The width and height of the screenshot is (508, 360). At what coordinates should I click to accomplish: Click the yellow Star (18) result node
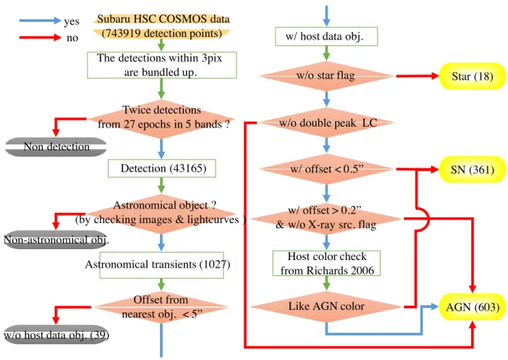472,76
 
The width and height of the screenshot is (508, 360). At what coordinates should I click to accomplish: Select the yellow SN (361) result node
472,169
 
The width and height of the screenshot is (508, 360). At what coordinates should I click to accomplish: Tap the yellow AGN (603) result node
472,306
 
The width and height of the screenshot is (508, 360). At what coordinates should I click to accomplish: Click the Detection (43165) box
161,168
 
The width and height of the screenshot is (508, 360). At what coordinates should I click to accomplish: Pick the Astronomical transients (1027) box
161,265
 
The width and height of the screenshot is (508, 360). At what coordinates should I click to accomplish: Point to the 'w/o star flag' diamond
326,76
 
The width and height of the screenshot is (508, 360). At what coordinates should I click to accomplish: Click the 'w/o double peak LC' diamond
326,122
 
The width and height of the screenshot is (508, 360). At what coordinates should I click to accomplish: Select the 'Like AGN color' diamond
326,306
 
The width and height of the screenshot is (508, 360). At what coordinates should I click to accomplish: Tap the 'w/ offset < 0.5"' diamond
326,169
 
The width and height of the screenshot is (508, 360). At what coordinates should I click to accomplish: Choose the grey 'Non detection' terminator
56,147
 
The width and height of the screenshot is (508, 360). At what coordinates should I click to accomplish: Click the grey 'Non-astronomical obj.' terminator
56,240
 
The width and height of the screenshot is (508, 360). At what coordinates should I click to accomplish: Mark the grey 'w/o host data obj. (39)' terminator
56,335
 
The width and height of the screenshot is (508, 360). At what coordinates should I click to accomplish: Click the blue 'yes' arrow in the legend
41,21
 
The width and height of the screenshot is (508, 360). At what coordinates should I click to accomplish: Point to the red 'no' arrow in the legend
41,38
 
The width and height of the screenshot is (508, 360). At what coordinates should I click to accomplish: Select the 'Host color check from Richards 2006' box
326,264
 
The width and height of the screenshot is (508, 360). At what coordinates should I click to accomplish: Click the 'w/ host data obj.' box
326,36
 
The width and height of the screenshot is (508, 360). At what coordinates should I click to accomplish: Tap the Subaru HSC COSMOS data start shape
161,26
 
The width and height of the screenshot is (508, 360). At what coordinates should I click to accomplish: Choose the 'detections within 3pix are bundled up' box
161,65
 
